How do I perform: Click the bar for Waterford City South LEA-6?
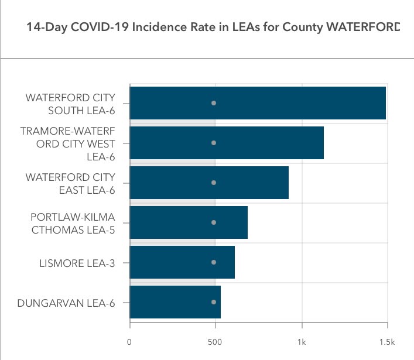[258, 103]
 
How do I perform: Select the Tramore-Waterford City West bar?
[227, 143]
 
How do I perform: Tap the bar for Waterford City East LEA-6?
[209, 183]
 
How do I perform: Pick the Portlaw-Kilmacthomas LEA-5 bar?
[189, 222]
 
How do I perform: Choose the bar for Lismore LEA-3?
[182, 262]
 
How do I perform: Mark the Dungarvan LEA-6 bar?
[175, 302]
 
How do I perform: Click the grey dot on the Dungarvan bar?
[214, 302]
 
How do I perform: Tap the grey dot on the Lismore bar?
[214, 262]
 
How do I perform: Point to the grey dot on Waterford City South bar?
[214, 103]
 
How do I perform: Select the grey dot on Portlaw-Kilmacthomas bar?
[214, 222]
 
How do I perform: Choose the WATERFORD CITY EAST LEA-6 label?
[70, 183]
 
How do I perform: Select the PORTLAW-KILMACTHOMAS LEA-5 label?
[73, 222]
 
